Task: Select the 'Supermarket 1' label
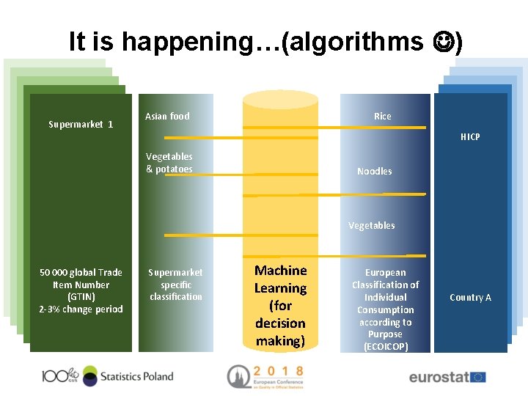click(81, 125)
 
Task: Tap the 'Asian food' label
click(167, 117)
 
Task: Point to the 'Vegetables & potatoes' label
click(169, 163)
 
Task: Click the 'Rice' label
click(382, 117)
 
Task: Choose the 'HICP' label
click(470, 137)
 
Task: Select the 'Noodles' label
click(374, 172)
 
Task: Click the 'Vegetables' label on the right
click(371, 226)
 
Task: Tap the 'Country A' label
click(470, 298)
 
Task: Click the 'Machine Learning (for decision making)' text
click(280, 306)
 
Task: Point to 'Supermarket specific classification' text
click(175, 285)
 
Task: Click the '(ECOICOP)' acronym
click(386, 347)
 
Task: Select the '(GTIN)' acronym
click(81, 297)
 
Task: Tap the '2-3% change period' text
click(81, 309)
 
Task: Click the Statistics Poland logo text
click(136, 376)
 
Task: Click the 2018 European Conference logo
click(265, 375)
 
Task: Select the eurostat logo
click(438, 378)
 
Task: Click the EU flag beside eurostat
click(478, 377)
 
